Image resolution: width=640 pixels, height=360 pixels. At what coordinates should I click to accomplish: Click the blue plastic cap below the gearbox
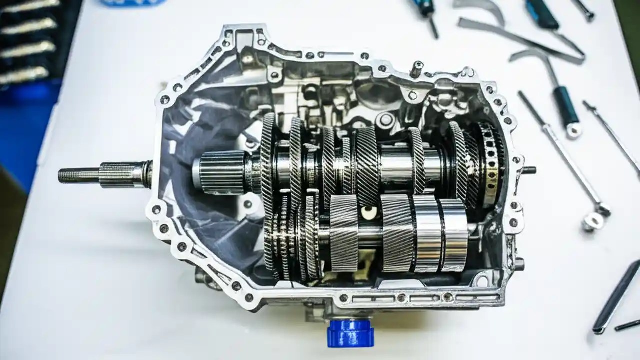(x=350, y=333)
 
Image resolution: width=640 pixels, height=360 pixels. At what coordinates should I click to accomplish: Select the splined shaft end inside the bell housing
(x=220, y=172)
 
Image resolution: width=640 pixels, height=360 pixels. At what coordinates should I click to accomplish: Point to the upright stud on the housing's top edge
(x=416, y=69)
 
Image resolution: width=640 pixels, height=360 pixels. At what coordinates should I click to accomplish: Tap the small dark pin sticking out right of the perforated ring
(x=528, y=170)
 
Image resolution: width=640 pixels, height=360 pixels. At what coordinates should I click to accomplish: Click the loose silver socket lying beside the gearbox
(x=593, y=221)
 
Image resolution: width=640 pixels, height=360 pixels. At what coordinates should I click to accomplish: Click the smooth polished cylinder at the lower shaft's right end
(x=454, y=234)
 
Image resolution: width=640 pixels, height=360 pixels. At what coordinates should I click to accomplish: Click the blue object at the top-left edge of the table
(x=132, y=2)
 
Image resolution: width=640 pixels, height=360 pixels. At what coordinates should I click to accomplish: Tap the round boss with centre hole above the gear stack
(x=386, y=119)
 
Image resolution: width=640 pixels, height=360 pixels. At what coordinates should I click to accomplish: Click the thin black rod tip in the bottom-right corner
(x=627, y=325)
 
